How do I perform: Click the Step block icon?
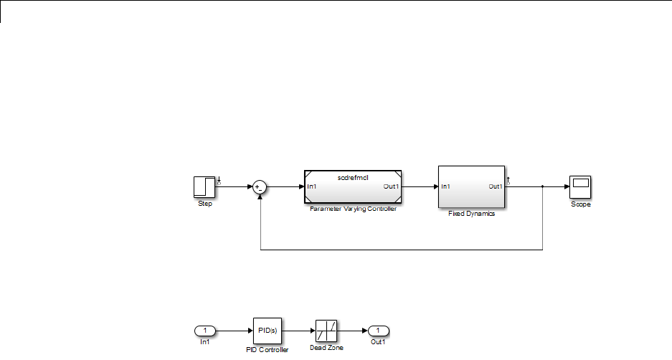coord(205,187)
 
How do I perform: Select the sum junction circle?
coord(260,187)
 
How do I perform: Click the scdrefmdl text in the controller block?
coord(353,177)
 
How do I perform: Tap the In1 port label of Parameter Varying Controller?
coord(313,187)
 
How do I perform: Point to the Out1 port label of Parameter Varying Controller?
coord(392,187)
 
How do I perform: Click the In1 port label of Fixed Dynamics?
coord(445,186)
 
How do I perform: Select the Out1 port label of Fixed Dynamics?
coord(496,186)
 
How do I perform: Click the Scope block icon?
coord(580,186)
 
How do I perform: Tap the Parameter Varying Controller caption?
coord(353,209)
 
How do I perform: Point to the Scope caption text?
coord(580,204)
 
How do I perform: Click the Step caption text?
coord(205,204)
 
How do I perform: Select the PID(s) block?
coord(266,331)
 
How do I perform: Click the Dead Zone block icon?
coord(326,331)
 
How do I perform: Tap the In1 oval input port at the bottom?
coord(205,331)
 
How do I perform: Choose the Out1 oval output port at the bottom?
coord(377,331)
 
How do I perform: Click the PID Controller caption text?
coord(266,350)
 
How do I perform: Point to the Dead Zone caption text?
coord(326,348)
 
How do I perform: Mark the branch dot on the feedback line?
coord(543,187)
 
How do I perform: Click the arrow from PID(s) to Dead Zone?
coord(298,331)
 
